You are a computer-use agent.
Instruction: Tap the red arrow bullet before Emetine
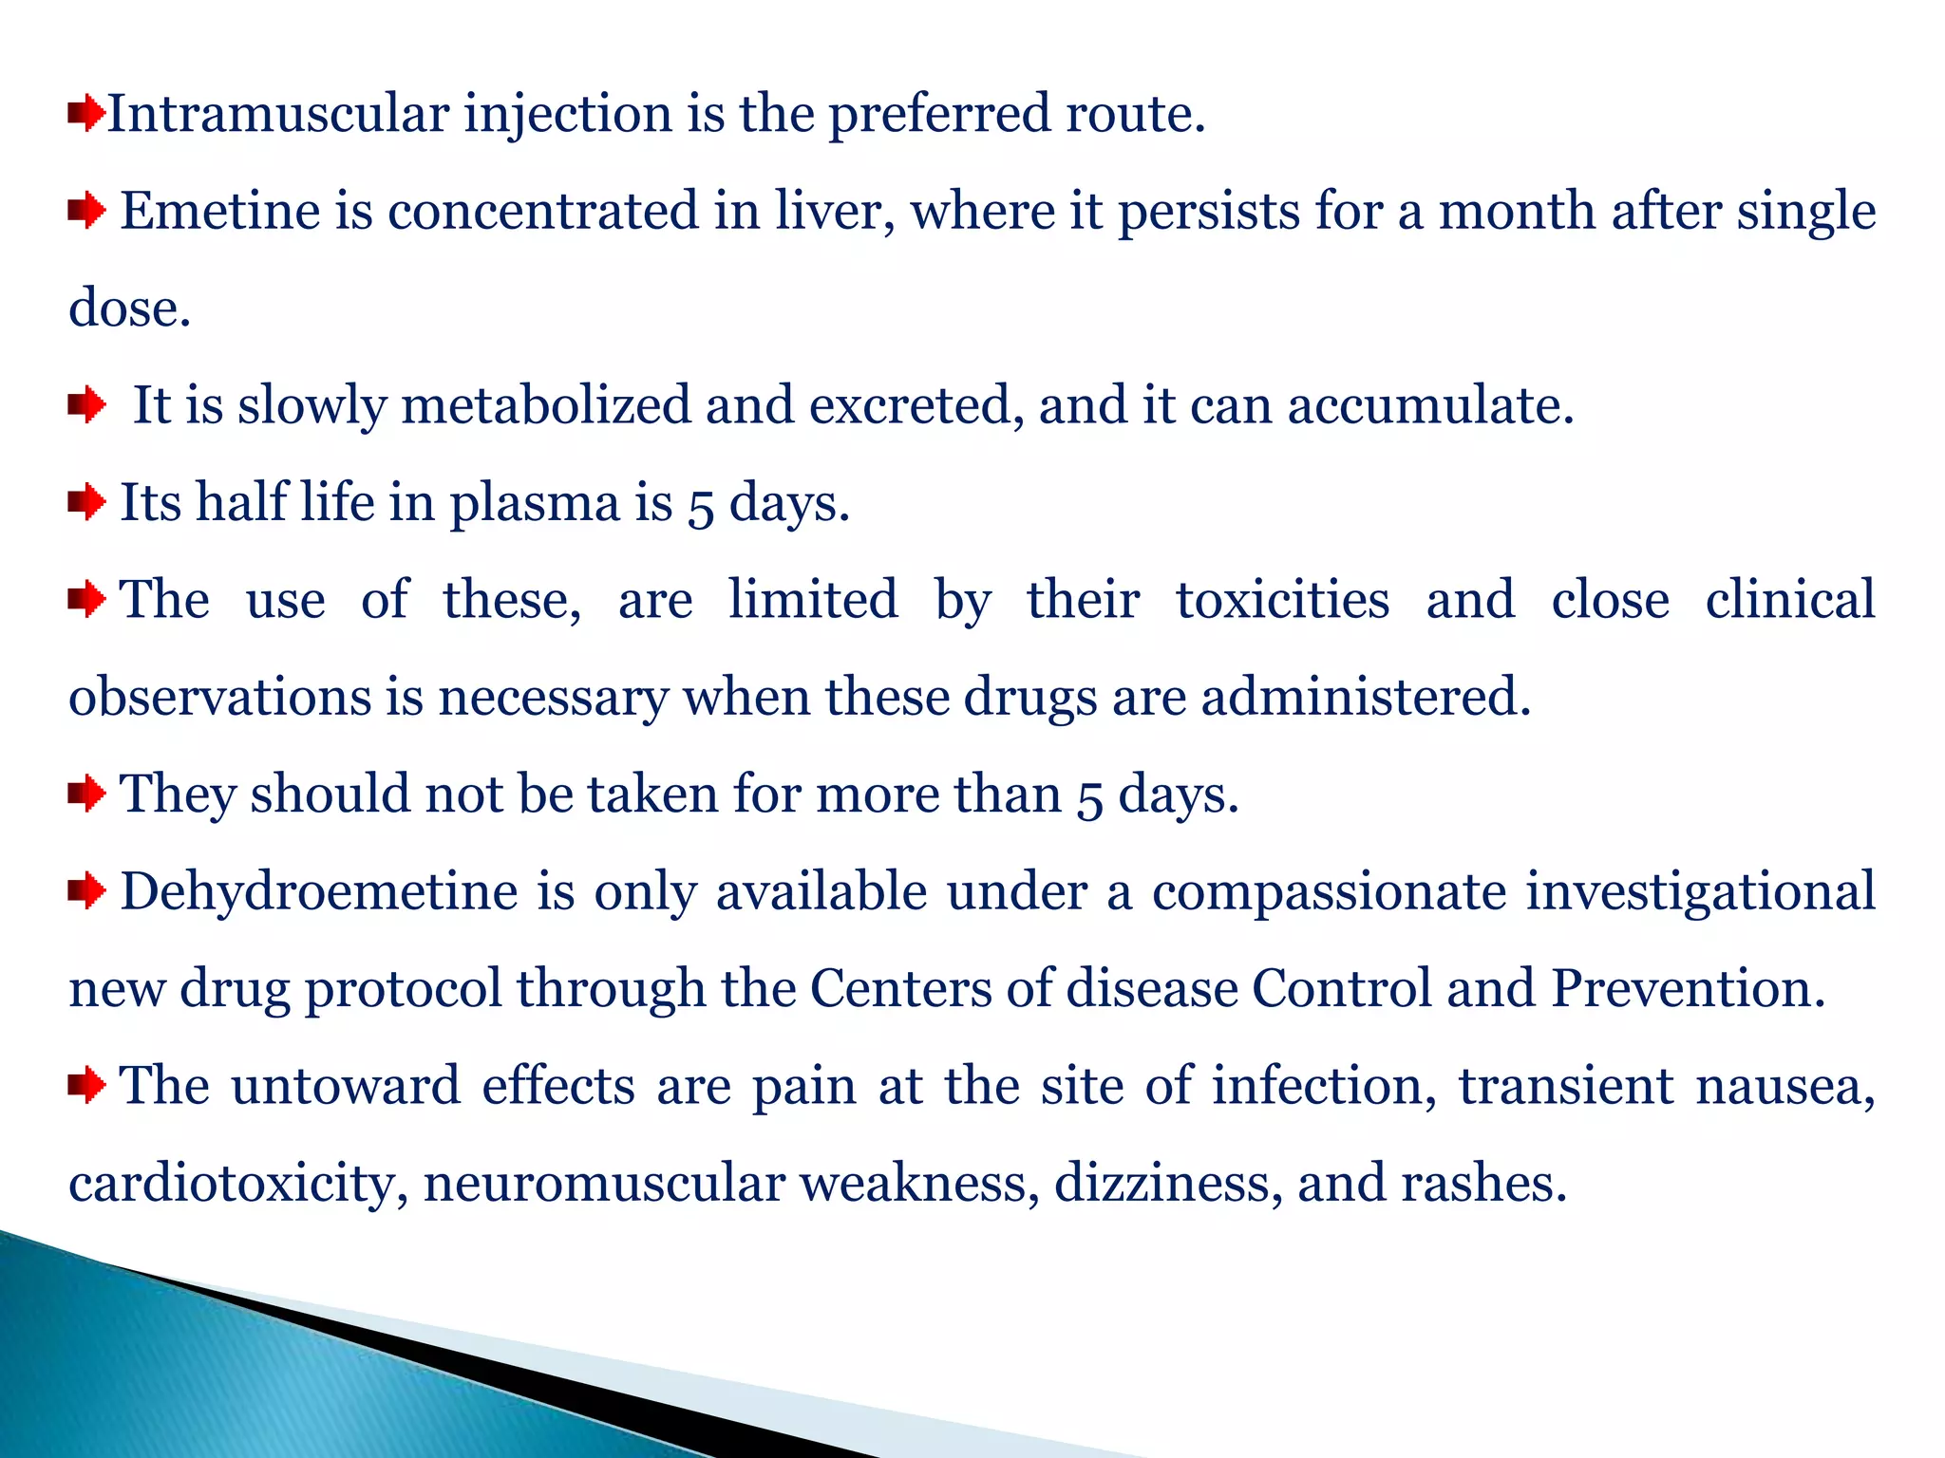(x=86, y=211)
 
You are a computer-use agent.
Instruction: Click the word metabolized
(x=546, y=405)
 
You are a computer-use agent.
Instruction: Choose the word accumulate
(x=1430, y=405)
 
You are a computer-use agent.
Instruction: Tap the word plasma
(x=535, y=503)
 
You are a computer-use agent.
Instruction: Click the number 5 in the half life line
(x=701, y=505)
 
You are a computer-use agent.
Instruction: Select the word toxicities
(x=1282, y=600)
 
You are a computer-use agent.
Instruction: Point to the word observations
(x=220, y=697)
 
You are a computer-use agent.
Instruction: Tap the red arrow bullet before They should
(x=86, y=794)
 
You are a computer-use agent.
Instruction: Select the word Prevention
(x=1688, y=989)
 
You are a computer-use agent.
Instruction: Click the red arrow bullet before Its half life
(x=86, y=502)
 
